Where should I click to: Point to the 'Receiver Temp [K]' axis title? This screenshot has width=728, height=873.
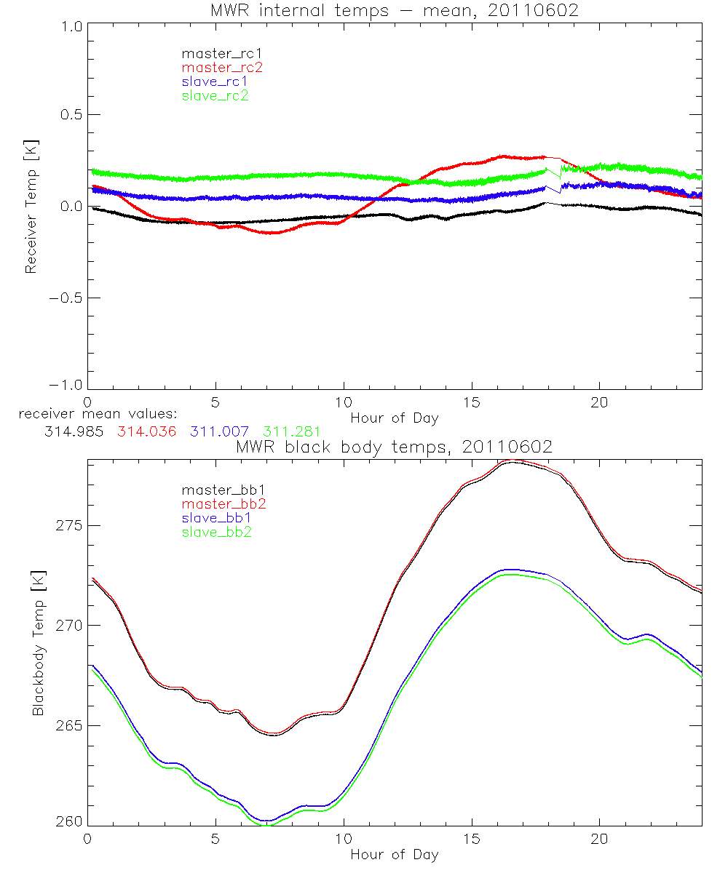[x=31, y=207]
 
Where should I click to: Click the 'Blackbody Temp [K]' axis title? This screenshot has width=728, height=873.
[x=38, y=645]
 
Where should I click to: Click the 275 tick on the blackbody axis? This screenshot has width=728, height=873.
[x=70, y=526]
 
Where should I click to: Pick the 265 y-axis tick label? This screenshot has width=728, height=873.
[x=70, y=726]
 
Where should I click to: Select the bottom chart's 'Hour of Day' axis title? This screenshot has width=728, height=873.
[x=394, y=855]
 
